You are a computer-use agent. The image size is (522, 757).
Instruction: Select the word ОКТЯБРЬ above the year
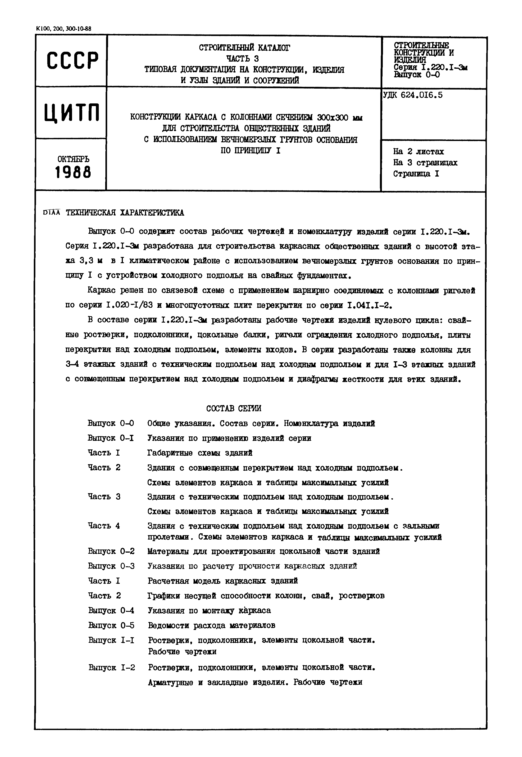click(73, 159)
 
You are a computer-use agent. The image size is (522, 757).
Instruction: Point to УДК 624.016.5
click(413, 95)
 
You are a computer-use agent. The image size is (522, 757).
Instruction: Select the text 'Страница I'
click(416, 174)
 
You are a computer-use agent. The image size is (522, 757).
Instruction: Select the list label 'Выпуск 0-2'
click(111, 551)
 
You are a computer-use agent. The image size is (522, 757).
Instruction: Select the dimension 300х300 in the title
click(333, 117)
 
